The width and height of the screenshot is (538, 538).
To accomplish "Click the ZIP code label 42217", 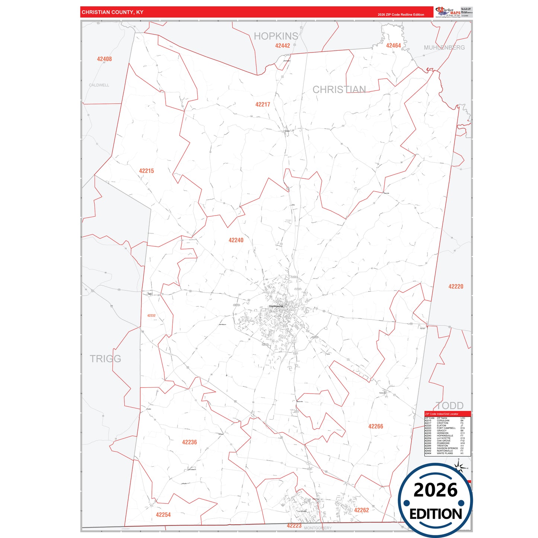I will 262,105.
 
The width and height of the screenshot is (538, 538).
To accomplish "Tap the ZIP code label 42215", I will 146,171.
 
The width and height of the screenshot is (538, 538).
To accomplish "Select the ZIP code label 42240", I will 236,240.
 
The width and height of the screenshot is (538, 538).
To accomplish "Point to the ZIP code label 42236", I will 190,442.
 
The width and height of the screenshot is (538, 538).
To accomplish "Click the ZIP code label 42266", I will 376,426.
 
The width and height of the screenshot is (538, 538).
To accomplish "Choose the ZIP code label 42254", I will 163,515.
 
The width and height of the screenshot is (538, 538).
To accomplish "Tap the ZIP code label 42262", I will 362,510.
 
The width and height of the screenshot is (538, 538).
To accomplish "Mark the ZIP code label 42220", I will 456,286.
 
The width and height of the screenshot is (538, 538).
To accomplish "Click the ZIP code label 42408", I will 104,59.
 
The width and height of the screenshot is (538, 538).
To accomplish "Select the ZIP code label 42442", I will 283,46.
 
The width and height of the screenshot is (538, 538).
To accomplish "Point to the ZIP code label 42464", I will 393,46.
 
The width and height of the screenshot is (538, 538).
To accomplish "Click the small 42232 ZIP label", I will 151,315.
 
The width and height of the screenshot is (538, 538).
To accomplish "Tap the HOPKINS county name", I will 276,36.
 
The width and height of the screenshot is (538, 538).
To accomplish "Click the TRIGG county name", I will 105,359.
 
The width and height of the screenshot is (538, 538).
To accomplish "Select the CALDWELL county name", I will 99,85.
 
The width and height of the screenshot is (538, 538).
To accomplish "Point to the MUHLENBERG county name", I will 444,48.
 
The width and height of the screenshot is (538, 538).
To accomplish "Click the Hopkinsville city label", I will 276,306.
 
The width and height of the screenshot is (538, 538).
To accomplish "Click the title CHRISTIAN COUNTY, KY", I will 112,12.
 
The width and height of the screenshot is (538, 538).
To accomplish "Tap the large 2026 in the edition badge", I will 435,490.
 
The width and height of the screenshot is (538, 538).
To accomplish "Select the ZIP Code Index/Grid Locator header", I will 442,414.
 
